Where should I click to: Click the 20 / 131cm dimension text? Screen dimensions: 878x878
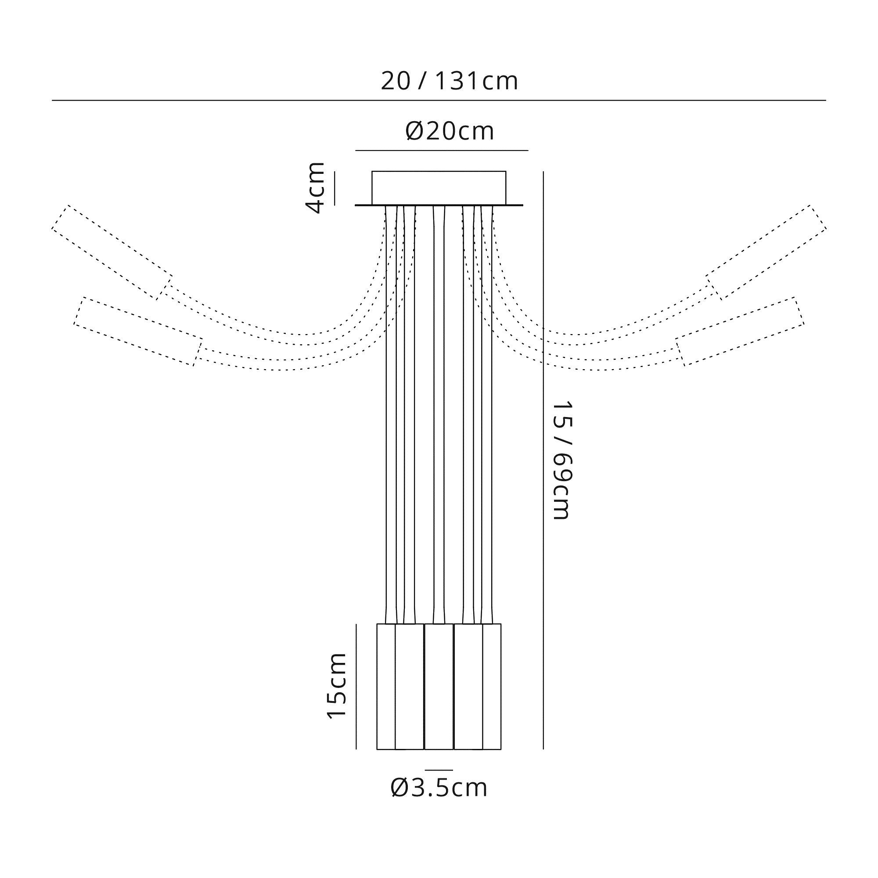pos(449,82)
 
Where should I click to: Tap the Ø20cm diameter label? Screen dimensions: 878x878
pos(449,131)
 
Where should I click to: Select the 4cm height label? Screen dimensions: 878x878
pos(315,188)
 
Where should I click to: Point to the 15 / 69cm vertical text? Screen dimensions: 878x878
pos(562,460)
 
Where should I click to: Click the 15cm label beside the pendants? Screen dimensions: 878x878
pos(337,686)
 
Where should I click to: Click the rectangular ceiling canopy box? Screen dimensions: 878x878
pos(439,188)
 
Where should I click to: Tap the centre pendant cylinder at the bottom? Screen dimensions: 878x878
pos(439,686)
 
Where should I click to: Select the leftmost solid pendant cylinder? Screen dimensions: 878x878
pos(386,686)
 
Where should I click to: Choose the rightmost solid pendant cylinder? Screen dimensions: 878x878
pos(492,686)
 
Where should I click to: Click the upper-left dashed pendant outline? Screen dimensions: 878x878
pos(112,253)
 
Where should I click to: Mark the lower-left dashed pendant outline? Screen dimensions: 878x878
pos(138,331)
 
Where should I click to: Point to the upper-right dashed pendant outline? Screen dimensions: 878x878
pos(766,253)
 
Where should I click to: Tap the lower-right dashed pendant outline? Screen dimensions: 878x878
pos(740,331)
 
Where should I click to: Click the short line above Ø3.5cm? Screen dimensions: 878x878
pos(439,770)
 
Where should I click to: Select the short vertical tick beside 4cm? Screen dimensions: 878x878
pos(335,188)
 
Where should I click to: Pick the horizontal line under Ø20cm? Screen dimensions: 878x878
pos(441,150)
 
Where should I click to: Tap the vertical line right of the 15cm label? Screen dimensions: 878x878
pos(356,686)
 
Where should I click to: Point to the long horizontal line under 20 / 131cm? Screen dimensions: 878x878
pos(439,100)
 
